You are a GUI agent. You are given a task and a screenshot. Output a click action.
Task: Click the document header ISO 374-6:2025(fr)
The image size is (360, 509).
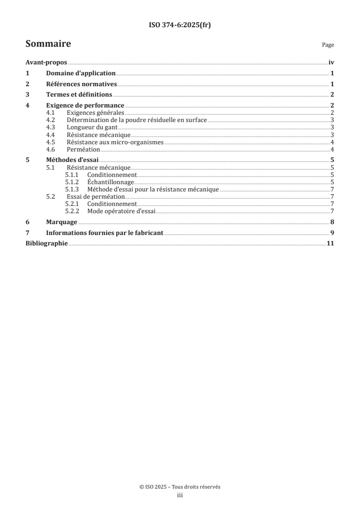click(180, 25)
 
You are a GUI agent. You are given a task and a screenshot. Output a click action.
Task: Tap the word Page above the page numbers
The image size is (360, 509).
click(328, 45)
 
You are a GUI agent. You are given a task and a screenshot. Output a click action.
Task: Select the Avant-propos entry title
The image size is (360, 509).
click(46, 63)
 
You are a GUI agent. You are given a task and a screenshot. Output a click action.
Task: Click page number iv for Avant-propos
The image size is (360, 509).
click(331, 63)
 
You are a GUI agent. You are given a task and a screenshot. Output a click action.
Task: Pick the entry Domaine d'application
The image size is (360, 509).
click(81, 73)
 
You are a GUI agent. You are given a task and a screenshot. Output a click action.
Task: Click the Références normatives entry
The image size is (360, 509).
click(82, 84)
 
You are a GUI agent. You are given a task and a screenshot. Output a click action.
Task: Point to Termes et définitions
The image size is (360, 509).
click(79, 95)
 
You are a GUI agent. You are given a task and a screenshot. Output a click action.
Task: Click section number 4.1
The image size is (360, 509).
click(52, 113)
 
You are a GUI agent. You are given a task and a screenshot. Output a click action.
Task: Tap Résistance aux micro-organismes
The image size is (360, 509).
click(115, 142)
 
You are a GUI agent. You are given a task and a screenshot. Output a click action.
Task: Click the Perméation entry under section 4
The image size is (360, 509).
click(83, 149)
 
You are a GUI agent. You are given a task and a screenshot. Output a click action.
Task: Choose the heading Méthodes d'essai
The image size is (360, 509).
click(73, 160)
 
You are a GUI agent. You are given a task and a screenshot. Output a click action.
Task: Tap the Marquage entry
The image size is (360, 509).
click(62, 222)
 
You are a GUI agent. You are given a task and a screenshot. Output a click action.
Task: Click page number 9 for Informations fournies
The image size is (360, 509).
click(332, 233)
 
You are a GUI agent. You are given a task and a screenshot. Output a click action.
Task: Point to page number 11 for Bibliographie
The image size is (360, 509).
click(330, 244)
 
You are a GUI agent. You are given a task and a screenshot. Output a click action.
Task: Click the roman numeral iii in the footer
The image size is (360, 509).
click(180, 495)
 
